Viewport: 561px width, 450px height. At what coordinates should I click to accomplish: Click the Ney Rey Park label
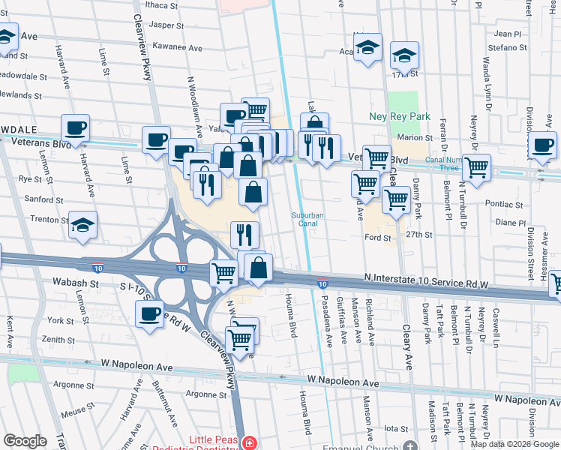(x=400, y=117)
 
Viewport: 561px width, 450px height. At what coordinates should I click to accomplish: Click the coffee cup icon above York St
(x=150, y=313)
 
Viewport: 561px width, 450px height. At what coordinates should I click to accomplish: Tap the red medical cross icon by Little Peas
(x=250, y=444)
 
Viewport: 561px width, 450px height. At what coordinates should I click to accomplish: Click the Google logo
(x=25, y=441)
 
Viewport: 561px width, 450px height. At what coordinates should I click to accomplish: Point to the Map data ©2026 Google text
(x=514, y=444)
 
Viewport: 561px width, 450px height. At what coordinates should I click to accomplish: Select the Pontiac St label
(x=505, y=204)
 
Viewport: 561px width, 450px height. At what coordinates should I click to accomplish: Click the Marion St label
(x=416, y=138)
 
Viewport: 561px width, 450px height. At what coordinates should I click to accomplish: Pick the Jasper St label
(x=166, y=25)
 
